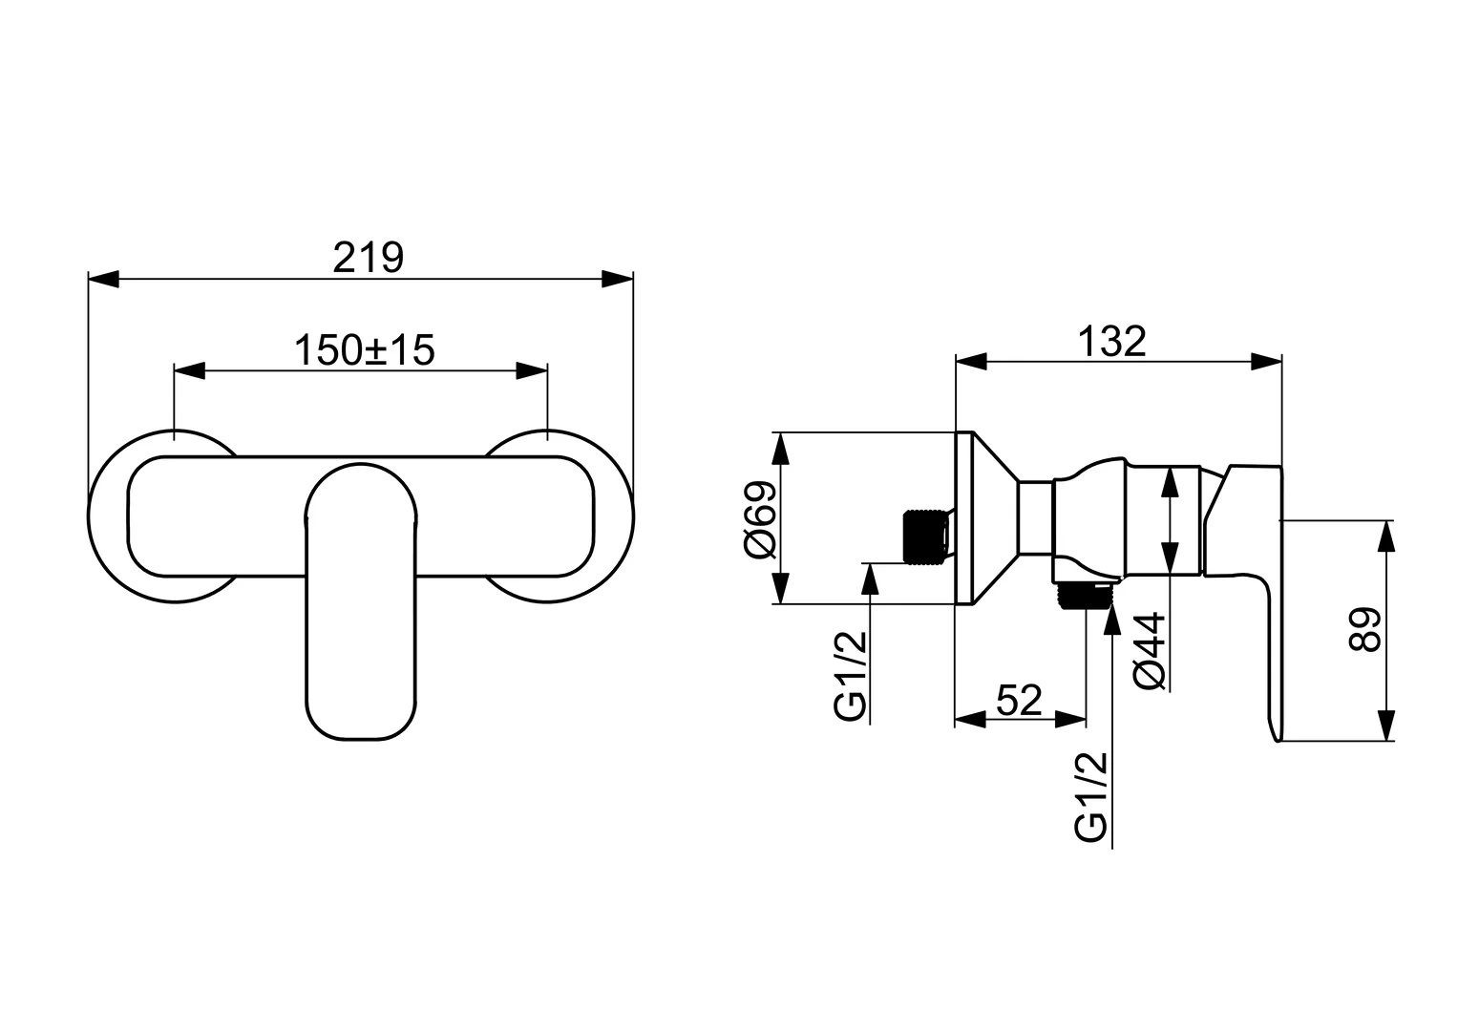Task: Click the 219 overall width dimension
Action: pos(369,258)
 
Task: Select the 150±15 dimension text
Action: pos(364,349)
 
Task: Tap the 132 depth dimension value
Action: pos(1111,341)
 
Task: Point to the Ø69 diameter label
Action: pos(762,519)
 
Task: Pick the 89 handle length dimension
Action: pos(1365,630)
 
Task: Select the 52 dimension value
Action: pos(1019,700)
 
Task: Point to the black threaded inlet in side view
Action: pos(922,535)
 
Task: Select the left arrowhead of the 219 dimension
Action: pos(103,279)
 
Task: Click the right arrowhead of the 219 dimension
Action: pos(618,279)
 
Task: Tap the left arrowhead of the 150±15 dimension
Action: pos(189,370)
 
